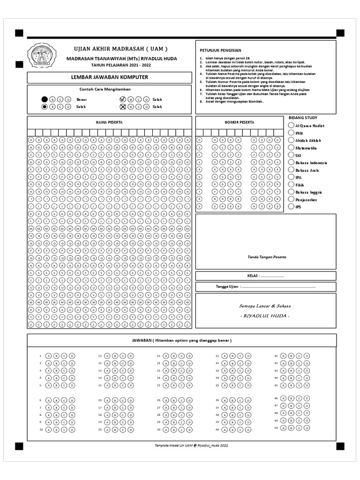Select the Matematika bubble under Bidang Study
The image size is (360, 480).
[x=291, y=148]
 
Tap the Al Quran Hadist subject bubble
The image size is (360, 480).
[x=291, y=126]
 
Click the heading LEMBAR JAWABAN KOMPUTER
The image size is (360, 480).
[x=109, y=77]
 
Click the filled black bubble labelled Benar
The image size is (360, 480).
[x=45, y=99]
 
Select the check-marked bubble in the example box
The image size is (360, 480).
[x=123, y=99]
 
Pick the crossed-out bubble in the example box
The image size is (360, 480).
[x=123, y=107]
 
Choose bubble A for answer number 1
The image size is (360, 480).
[x=49, y=356]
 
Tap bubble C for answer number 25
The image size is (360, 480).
[x=182, y=385]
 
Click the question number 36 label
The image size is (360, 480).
[x=217, y=400]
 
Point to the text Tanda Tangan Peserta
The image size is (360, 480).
[x=267, y=257]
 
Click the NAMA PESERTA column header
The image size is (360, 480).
[x=109, y=122]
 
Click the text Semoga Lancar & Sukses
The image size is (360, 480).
[x=265, y=306]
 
